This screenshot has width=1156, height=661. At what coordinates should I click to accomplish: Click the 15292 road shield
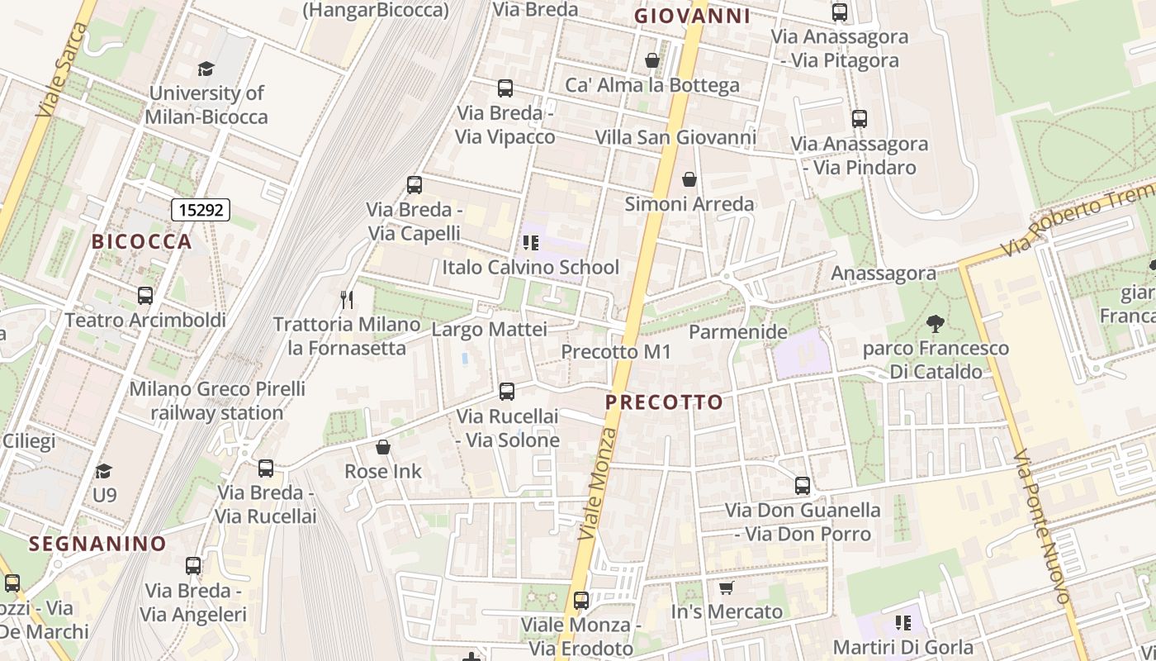pyautogui.click(x=201, y=210)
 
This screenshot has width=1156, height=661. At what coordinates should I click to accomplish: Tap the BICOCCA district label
pyautogui.click(x=142, y=242)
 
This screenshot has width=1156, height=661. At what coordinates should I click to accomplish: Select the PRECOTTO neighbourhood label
pyautogui.click(x=665, y=402)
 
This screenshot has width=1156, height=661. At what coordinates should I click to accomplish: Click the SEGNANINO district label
pyautogui.click(x=97, y=544)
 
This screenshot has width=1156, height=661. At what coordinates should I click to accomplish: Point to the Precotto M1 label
pyautogui.click(x=616, y=352)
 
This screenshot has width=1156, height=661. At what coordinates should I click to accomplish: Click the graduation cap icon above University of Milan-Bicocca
pyautogui.click(x=206, y=69)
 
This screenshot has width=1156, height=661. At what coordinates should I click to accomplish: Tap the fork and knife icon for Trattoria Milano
pyautogui.click(x=347, y=299)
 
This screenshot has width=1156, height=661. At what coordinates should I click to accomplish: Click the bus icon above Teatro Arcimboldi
pyautogui.click(x=145, y=295)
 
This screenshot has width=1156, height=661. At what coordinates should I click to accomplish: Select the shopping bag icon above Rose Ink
pyautogui.click(x=383, y=447)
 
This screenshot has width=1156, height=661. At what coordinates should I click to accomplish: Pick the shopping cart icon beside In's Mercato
pyautogui.click(x=726, y=587)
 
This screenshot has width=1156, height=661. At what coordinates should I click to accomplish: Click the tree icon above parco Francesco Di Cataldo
pyautogui.click(x=935, y=323)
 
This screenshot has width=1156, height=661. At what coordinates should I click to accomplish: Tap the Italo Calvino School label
pyautogui.click(x=530, y=268)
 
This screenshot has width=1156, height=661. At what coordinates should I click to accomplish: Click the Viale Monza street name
pyautogui.click(x=598, y=485)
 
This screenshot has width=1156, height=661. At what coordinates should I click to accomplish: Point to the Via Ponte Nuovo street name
pyautogui.click(x=1041, y=527)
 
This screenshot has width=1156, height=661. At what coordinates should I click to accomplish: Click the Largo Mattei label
pyautogui.click(x=490, y=330)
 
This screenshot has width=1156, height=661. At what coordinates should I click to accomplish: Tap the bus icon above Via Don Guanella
pyautogui.click(x=803, y=486)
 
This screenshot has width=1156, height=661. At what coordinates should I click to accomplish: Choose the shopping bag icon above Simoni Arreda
pyautogui.click(x=689, y=179)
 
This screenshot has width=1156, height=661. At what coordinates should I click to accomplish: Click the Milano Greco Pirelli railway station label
pyautogui.click(x=216, y=401)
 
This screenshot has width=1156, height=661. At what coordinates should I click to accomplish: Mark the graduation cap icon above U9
pyautogui.click(x=103, y=470)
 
